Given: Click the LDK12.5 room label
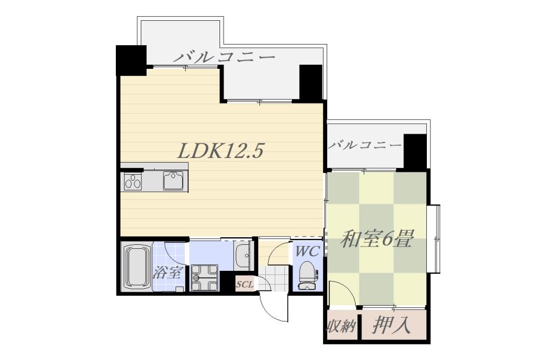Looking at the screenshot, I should pos(221,151).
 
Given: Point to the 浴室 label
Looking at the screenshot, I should pos(169,272).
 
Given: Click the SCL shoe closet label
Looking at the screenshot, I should pos(244,285).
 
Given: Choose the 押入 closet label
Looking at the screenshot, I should pos(392,326).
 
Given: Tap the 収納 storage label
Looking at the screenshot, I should pos(341,327).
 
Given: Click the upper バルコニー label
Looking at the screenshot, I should pos(224,57).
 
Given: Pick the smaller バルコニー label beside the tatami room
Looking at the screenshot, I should pos(364,145).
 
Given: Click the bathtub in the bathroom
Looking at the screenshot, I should pos(137,267).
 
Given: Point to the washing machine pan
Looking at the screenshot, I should pos(204,277).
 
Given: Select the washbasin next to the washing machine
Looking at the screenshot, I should pos(242,255).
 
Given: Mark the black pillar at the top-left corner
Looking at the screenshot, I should pos(130,60).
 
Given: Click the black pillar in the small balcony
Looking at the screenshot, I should pos(415,151).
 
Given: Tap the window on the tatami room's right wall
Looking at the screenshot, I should pos(434,238).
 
